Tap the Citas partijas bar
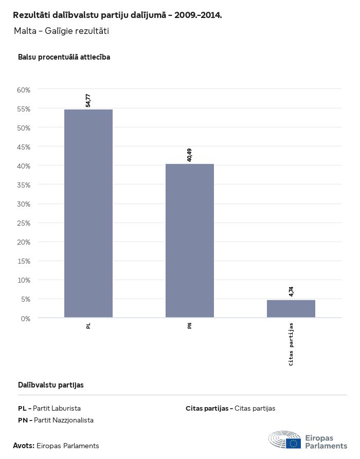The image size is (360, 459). [x=291, y=308]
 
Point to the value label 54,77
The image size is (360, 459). [x=88, y=100]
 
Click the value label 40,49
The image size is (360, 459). [x=189, y=155]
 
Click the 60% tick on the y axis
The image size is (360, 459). [x=24, y=90]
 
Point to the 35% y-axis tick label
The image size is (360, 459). [x=24, y=185]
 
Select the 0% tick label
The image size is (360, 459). [x=26, y=319]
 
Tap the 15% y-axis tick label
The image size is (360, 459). [x=24, y=261]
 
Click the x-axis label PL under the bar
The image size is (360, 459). [x=88, y=326]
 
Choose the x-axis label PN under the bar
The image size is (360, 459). [x=190, y=326]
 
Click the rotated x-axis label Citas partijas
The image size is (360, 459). [x=291, y=344]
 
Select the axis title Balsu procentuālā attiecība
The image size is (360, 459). [x=64, y=57]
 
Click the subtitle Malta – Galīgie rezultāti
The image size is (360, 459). [x=61, y=31]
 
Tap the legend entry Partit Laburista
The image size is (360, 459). [x=57, y=409]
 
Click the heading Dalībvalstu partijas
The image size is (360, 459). [x=51, y=385]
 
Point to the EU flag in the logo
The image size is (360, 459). [x=294, y=443]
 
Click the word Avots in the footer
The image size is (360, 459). [x=24, y=446]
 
